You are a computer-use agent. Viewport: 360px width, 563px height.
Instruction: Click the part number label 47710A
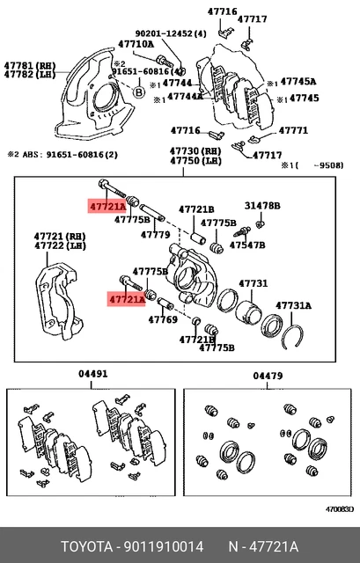[136, 44]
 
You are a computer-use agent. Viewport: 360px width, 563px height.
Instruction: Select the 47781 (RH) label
[30, 66]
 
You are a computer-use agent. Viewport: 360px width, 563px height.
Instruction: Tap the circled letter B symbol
[138, 92]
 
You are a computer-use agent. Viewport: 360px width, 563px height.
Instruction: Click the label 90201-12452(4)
[171, 33]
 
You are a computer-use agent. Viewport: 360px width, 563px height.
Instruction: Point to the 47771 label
[293, 130]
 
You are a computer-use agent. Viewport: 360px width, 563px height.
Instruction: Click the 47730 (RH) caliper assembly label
[195, 151]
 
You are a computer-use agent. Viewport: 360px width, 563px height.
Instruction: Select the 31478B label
[262, 206]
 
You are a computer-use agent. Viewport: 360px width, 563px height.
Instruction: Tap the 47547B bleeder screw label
[247, 245]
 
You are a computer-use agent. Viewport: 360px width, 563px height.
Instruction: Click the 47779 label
[155, 235]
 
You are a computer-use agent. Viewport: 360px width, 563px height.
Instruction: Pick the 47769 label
[163, 319]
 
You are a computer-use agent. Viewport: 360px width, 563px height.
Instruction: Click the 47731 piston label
[253, 283]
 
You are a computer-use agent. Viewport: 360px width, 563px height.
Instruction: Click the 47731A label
[293, 305]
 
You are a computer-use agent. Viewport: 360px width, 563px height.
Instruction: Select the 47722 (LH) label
[60, 246]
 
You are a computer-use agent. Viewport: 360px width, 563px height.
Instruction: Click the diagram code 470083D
[340, 509]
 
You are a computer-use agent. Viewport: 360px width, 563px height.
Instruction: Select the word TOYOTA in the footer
[86, 547]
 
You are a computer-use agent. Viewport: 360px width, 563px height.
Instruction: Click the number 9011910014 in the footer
[164, 547]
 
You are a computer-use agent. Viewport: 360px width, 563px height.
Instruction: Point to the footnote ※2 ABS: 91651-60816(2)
[62, 155]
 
